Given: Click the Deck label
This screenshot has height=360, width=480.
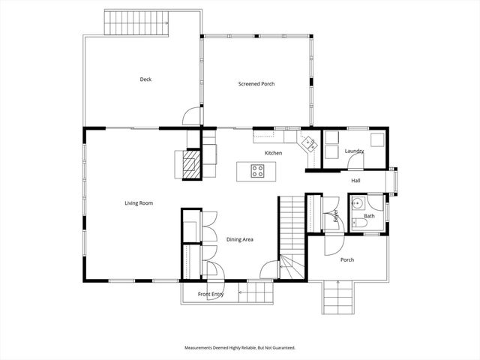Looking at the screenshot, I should pyautogui.click(x=145, y=79).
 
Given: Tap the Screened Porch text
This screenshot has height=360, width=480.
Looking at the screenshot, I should pyautogui.click(x=256, y=84).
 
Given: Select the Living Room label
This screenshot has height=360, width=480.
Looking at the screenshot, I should pyautogui.click(x=139, y=202).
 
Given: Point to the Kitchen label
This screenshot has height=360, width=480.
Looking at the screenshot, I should pyautogui.click(x=273, y=153).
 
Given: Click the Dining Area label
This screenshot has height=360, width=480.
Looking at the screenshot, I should pyautogui.click(x=240, y=239).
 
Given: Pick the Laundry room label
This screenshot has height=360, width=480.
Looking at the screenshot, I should pyautogui.click(x=354, y=151).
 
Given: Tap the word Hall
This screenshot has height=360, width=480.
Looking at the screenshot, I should pyautogui.click(x=355, y=181).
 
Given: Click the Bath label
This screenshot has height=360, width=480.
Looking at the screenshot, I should pyautogui.click(x=369, y=216).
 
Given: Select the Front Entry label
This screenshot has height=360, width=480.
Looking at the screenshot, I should pyautogui.click(x=211, y=294).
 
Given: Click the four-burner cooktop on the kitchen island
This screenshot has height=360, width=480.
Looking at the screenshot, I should pyautogui.click(x=257, y=171).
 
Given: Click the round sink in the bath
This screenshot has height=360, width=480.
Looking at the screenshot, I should pyautogui.click(x=358, y=203).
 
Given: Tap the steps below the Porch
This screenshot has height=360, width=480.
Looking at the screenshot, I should pyautogui.click(x=336, y=297).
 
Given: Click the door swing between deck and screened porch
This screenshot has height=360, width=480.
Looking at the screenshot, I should pyautogui.click(x=193, y=116).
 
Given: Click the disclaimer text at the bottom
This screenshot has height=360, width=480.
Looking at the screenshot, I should pyautogui.click(x=240, y=348).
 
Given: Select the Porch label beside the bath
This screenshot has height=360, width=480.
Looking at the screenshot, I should pyautogui.click(x=347, y=260).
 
